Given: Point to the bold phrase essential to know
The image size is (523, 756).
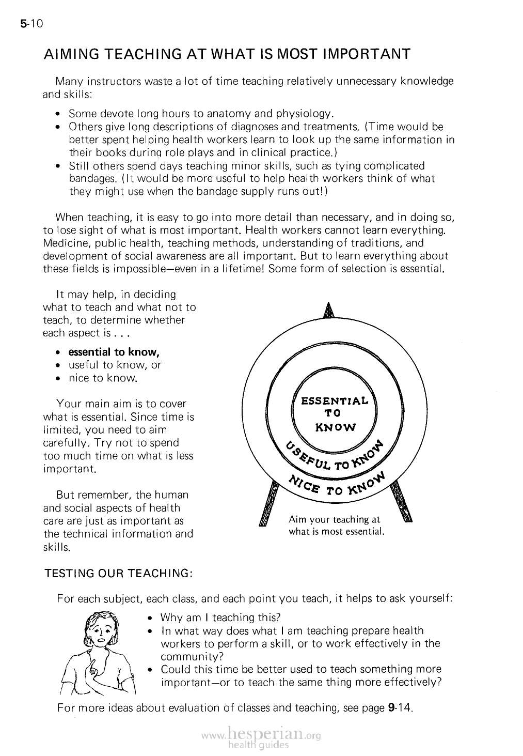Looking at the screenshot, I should click(114, 352).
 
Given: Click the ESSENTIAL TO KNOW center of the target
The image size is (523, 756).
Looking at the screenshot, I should click(335, 413).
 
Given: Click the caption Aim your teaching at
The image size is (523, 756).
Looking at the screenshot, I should click(334, 519).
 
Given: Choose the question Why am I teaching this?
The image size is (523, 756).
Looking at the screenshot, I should click(220, 618).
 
